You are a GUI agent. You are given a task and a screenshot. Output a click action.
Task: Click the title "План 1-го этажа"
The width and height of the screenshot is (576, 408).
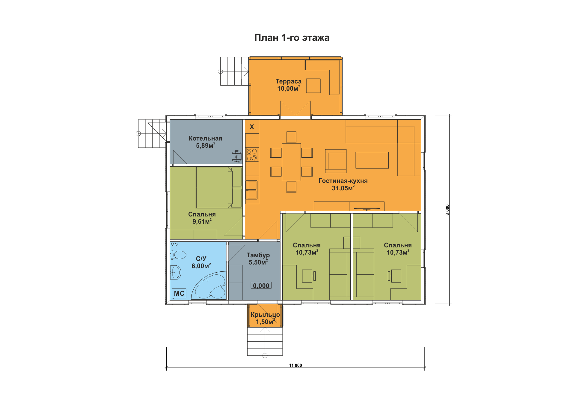pos(292,38)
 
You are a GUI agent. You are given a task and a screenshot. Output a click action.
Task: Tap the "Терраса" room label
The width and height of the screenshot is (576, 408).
pos(288,81)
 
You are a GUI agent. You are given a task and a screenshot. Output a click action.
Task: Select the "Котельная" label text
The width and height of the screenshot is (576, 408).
pos(205,138)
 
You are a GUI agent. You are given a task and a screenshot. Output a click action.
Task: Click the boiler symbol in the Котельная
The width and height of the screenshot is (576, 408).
pos(236,156)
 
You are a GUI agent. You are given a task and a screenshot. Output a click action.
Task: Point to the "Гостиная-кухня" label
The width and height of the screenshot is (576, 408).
pos(343,181)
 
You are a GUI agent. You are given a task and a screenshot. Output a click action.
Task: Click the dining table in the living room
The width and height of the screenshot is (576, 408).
pos(291,162)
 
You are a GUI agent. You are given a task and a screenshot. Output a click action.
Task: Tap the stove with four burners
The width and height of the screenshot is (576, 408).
pos(252,155)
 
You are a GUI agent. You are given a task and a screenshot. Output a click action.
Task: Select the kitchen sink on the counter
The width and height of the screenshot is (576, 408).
pos(252,190)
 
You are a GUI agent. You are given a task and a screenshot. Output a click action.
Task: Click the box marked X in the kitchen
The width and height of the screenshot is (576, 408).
pos(252,127)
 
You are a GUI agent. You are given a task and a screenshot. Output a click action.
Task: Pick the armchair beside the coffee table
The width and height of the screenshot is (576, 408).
pos(336,161)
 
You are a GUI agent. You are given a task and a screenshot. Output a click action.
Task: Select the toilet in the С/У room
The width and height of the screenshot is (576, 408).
pos(178,255)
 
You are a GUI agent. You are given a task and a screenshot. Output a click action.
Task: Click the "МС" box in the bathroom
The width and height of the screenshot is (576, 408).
pos(179,293)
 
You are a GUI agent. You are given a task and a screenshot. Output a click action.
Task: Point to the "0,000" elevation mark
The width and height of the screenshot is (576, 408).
pos(261,286)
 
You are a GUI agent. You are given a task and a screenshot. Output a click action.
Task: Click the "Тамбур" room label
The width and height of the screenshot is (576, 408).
pos(258,255)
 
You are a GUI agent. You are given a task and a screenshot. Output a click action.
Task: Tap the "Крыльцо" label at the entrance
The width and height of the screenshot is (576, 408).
pos(265,315)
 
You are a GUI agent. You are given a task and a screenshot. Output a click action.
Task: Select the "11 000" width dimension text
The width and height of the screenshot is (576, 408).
pos(295,365)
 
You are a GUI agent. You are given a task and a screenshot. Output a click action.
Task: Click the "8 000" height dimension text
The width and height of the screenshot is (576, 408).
pos(447,210)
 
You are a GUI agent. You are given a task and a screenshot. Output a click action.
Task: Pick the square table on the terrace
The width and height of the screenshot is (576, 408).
pos(313,86)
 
